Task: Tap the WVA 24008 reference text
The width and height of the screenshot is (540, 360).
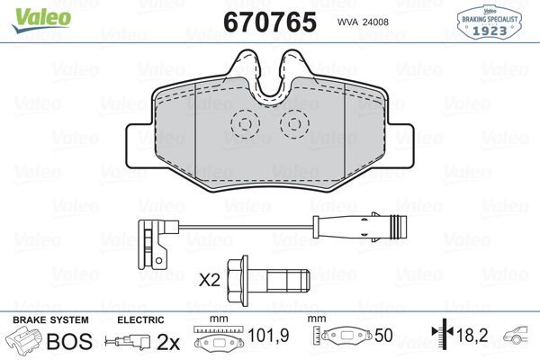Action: tap(362, 22)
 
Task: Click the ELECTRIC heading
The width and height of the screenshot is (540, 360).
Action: tap(140, 320)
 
